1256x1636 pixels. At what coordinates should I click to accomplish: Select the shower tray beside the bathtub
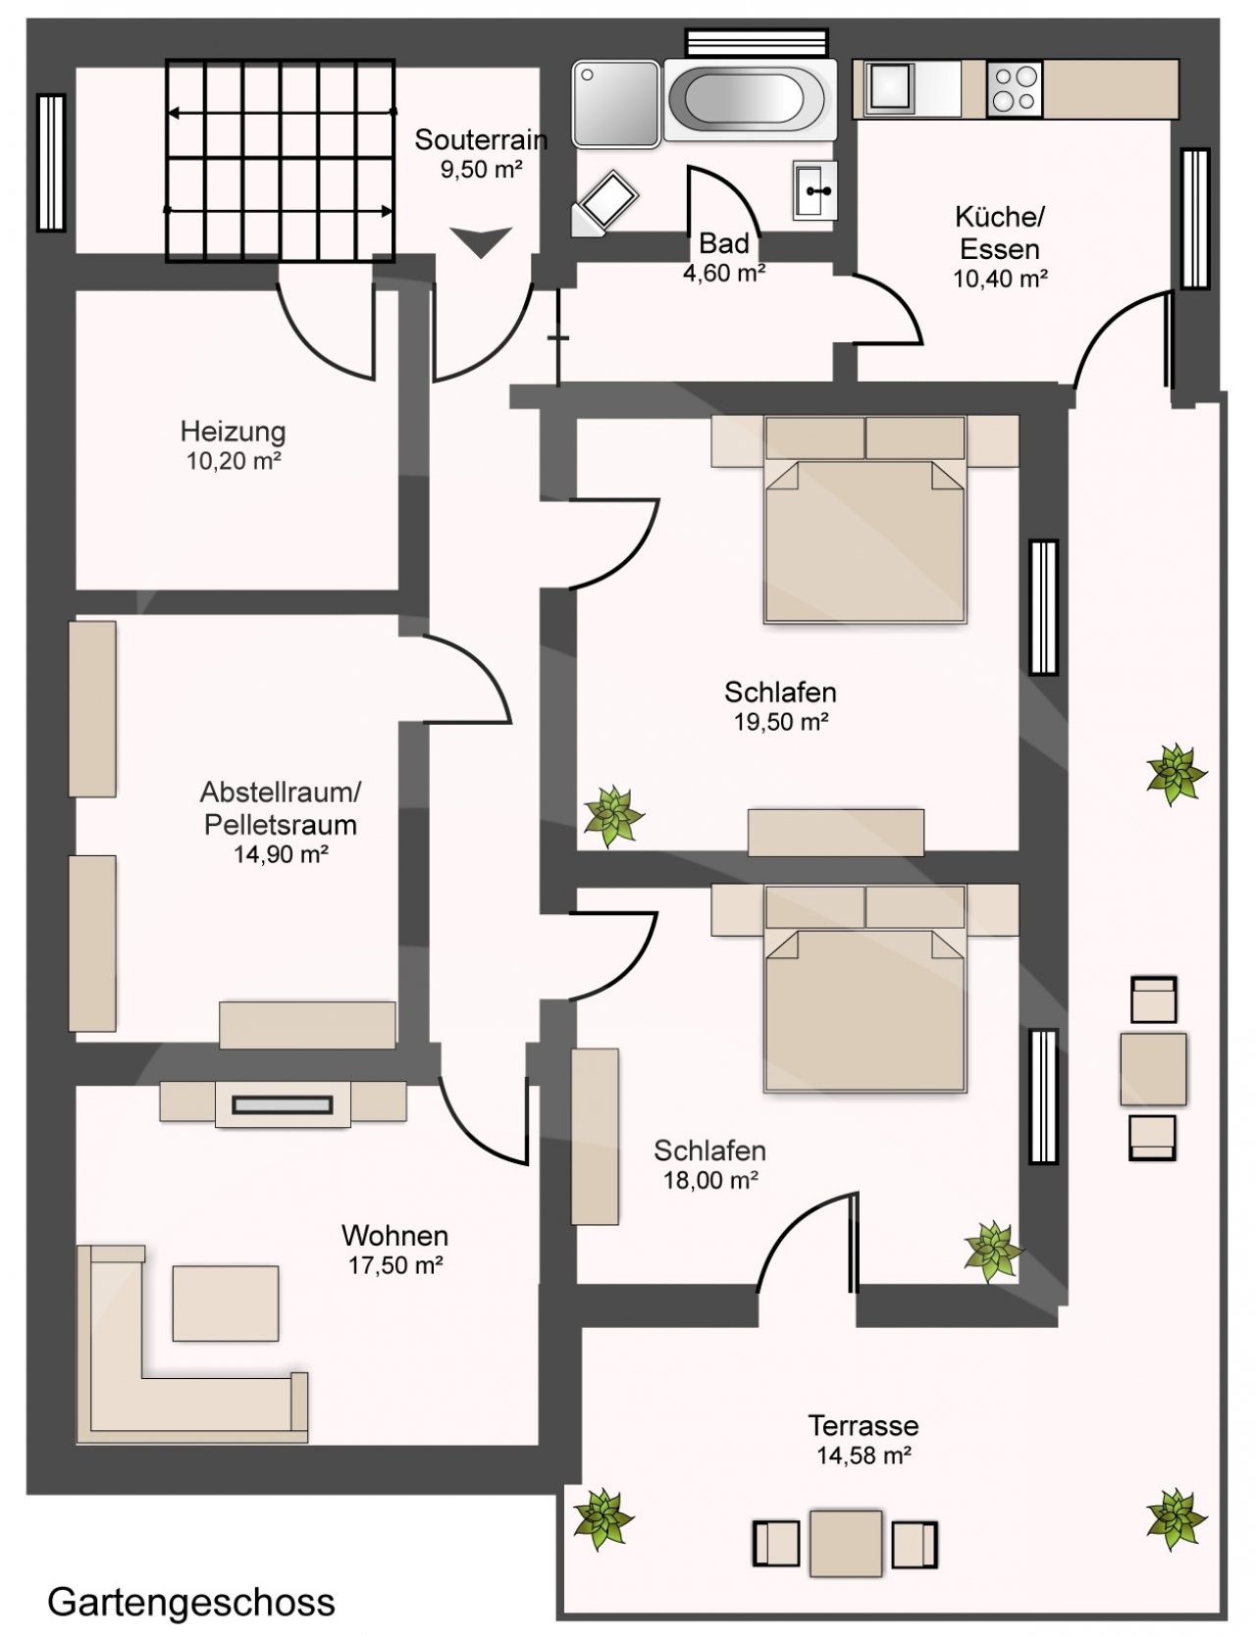(616, 104)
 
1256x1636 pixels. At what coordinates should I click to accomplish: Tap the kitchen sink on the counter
(891, 88)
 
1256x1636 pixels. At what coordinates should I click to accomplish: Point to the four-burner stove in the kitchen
(1015, 88)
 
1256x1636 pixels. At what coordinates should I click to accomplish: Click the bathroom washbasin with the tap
(814, 190)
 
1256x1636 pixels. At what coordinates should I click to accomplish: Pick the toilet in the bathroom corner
(605, 204)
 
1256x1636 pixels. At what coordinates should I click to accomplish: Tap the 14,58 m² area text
(863, 1456)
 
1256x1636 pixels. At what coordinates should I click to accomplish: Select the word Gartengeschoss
(191, 1603)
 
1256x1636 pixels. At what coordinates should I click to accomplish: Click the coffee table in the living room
(226, 1304)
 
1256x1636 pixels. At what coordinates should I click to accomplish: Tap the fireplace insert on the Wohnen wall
(283, 1105)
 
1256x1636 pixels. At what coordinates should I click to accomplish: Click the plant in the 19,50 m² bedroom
(613, 815)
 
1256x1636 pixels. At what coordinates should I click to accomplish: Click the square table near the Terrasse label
(846, 1543)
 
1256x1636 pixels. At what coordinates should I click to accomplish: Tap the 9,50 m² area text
(481, 169)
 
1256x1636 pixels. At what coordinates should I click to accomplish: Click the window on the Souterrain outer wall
(51, 163)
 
